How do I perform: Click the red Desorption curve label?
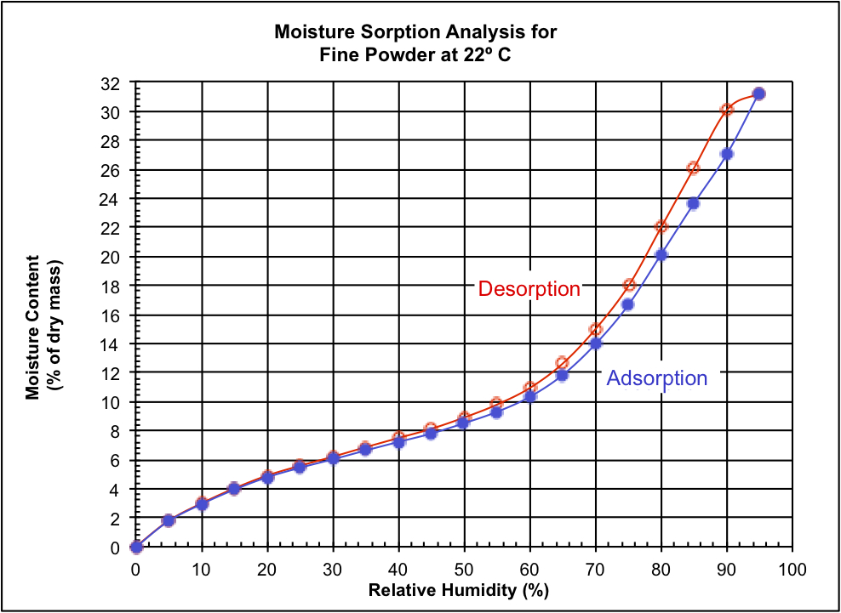click(529, 288)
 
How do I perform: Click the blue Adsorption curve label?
click(656, 377)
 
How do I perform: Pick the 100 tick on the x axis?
click(792, 568)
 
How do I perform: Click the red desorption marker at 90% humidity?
click(727, 110)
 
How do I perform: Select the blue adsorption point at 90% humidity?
click(727, 154)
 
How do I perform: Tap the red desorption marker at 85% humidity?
click(694, 167)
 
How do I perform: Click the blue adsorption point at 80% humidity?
click(661, 254)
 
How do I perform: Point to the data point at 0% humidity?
click(136, 547)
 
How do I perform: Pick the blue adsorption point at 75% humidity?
click(628, 304)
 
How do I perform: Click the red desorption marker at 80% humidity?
click(661, 226)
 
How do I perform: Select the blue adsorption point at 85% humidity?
click(694, 203)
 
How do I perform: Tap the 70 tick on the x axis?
click(595, 568)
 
